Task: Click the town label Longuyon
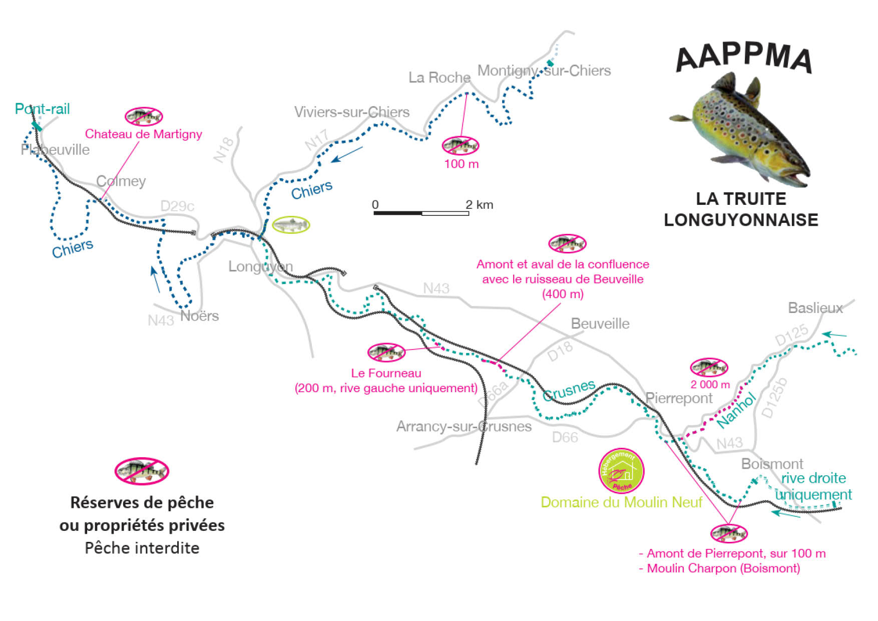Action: tap(260, 266)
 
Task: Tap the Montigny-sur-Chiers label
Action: tap(544, 71)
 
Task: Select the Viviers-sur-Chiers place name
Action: tap(351, 112)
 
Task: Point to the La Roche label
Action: tap(439, 78)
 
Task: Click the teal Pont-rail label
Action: tap(42, 109)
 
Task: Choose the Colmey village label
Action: tap(121, 181)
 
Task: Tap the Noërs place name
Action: tap(199, 316)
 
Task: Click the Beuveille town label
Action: tap(600, 324)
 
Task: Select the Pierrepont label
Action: tap(678, 398)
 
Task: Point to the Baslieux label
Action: tap(815, 307)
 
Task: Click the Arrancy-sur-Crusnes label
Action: tap(464, 427)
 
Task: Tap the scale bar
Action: tap(421, 213)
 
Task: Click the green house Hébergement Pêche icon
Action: tap(621, 471)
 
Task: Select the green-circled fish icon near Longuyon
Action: tap(291, 225)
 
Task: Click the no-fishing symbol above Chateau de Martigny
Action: tap(144, 116)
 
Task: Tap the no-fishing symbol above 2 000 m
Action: tap(709, 368)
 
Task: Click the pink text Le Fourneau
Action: tap(386, 373)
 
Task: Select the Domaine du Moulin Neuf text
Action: tap(621, 502)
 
